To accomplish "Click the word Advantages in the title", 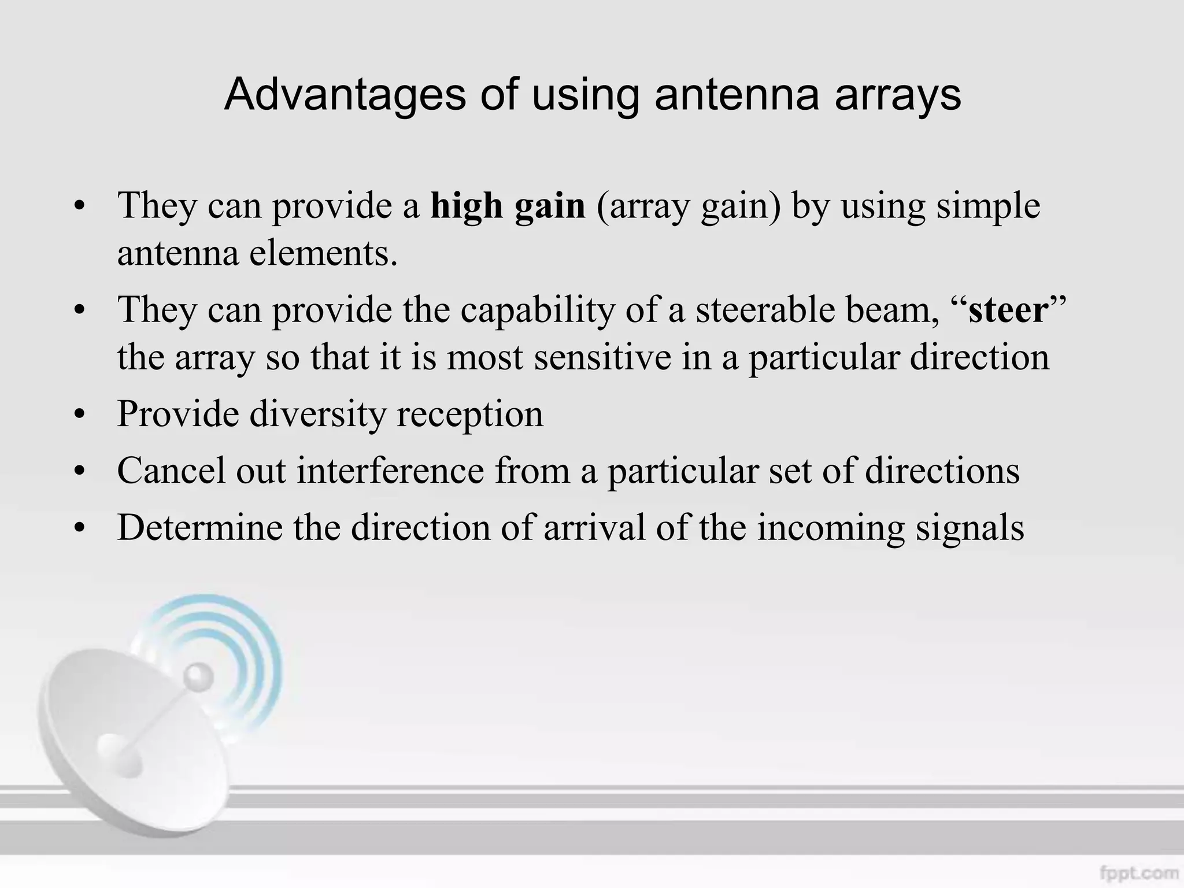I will pos(345,94).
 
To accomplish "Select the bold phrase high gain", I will pos(508,205).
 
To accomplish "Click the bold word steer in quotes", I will pos(1008,310).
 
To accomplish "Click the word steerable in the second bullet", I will pos(764,310).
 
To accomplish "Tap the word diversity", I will pos(317,414).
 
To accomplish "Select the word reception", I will pos(469,414).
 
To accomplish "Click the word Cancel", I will pos(171,470).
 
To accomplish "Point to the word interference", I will pos(390,470).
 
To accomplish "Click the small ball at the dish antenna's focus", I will pos(198,675).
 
